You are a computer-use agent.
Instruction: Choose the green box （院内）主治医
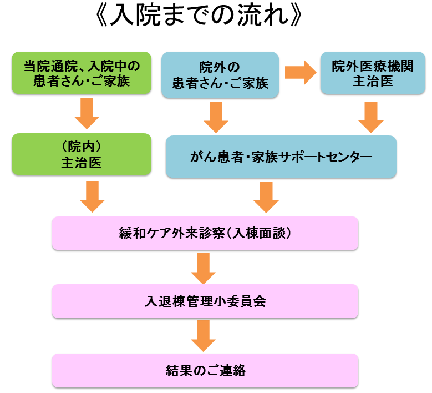click(x=82, y=154)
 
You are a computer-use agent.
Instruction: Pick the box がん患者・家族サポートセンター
click(x=281, y=157)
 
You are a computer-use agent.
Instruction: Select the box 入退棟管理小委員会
click(x=205, y=301)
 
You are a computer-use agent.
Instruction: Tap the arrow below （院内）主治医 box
click(x=92, y=196)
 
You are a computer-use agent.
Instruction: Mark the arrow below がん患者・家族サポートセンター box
click(x=266, y=197)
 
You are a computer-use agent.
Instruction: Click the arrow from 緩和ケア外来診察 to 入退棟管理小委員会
click(x=203, y=268)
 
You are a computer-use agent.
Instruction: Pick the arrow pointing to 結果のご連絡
click(x=203, y=336)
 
